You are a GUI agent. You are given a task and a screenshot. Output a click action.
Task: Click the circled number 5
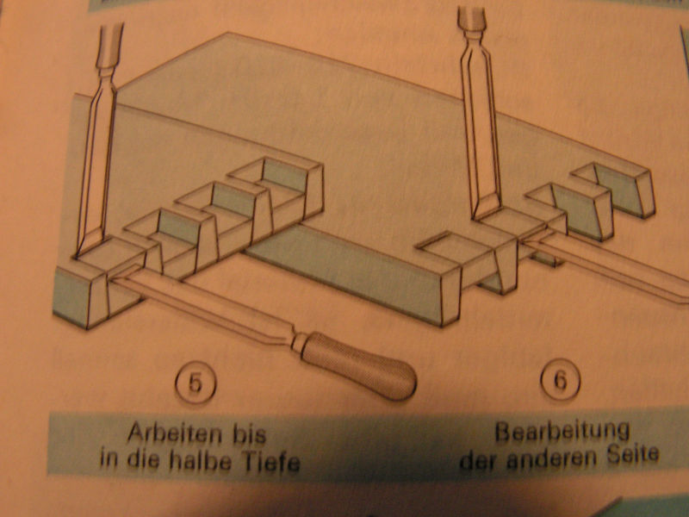coord(196,383)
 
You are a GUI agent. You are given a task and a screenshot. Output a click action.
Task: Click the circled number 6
coord(561,379)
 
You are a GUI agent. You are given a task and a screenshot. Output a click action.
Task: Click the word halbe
coord(200,461)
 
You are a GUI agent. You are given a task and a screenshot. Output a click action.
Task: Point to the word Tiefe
coord(270,462)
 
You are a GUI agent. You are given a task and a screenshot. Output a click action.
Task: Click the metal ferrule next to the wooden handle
coord(301,342)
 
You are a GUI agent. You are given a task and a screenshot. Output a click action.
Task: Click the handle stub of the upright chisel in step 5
coord(110,43)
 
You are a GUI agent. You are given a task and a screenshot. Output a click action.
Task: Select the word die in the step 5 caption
coord(142,459)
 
